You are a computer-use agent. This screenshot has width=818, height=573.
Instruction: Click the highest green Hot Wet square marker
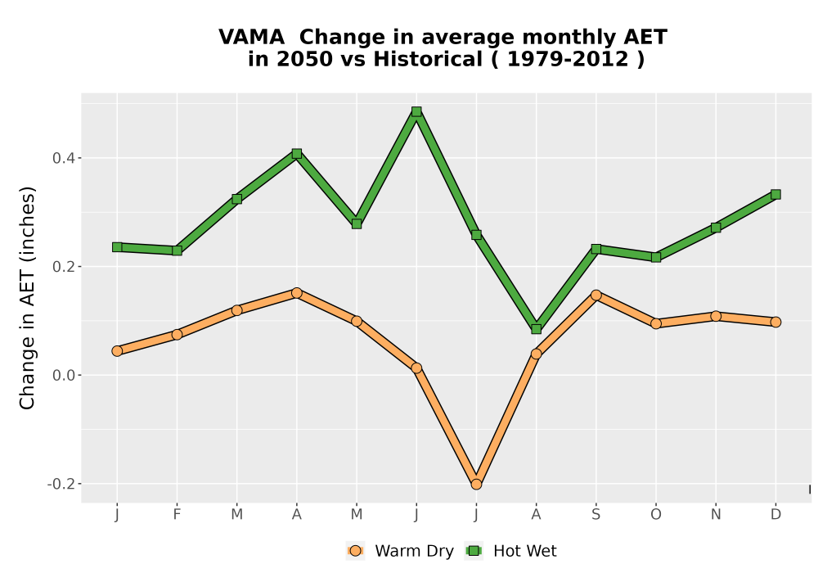coord(416,111)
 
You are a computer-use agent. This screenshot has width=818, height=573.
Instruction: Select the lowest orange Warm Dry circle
coord(476,485)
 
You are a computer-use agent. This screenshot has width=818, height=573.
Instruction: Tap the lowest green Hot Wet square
coord(537,329)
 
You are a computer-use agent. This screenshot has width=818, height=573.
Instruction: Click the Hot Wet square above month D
coord(775,194)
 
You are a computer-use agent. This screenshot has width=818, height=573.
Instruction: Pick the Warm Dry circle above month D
coord(775,322)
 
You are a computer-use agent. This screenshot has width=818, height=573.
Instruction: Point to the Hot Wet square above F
coord(177,250)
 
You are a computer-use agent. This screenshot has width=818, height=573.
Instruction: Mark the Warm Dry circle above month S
coord(596,295)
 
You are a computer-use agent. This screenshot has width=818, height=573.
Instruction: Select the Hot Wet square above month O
coord(656,257)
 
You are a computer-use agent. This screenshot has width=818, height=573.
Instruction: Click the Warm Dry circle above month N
coord(716,316)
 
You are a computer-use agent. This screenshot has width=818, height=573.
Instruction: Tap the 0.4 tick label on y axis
coord(63,158)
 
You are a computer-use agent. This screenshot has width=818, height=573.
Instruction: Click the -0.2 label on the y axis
coord(61,484)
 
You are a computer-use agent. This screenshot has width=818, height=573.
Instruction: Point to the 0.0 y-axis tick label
coord(63,375)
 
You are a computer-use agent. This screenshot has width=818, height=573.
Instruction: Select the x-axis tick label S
coord(596,515)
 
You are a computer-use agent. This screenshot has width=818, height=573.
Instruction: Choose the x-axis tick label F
coord(177,515)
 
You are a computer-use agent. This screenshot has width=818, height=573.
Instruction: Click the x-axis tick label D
coord(775,515)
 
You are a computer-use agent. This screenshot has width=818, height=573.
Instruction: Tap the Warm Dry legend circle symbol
coord(356,551)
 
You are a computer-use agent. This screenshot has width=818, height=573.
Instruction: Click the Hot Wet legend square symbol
coord(474,551)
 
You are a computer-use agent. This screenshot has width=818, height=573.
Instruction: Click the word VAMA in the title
coord(251,37)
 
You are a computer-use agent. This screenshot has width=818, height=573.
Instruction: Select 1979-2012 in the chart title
coord(568,59)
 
